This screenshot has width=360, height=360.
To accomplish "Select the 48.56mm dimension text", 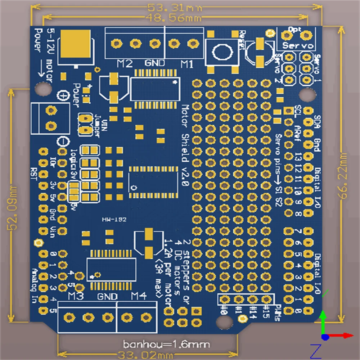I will [173, 17].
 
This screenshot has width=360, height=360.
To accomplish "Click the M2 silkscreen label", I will [125, 64].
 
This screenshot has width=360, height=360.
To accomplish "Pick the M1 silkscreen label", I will [187, 64].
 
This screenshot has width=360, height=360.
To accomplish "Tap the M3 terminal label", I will [76, 296].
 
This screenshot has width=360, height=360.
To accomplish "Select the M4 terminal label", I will [139, 296].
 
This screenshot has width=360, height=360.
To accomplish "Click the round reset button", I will [221, 52].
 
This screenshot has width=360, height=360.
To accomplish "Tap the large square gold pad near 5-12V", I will [76, 44].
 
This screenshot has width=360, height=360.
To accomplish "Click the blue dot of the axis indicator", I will [325, 337].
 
